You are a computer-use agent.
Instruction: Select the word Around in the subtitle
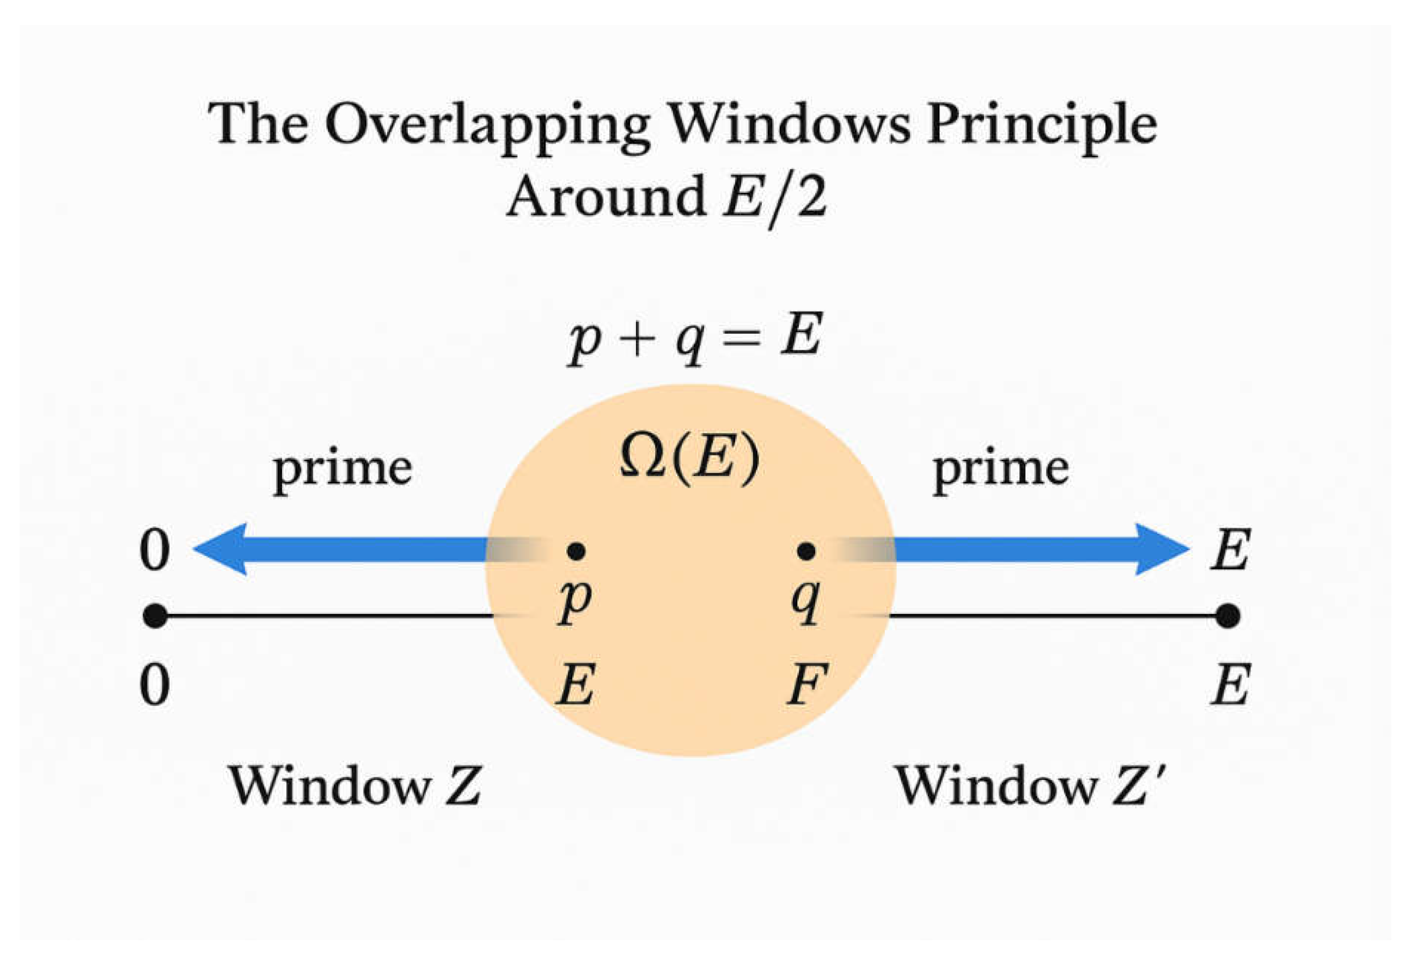coord(605,196)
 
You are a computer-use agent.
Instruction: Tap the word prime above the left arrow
coord(342,468)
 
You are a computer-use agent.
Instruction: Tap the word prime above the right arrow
coord(1001,468)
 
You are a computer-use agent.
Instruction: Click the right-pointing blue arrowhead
coord(1161,549)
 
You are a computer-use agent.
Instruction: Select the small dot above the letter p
coord(576,551)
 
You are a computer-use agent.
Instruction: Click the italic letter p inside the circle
coord(574,601)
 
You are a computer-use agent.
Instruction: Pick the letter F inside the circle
coord(807,685)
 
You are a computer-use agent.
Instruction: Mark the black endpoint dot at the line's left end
coord(155,616)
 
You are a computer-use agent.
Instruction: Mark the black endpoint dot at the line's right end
coord(1228,616)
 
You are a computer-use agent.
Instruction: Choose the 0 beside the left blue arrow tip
coord(154,551)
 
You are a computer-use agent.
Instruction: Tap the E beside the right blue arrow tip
coord(1230,550)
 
